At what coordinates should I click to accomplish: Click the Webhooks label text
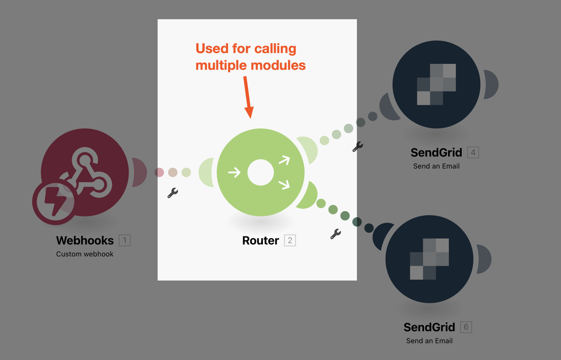[85, 240]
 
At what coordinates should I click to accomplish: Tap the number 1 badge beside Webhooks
[125, 240]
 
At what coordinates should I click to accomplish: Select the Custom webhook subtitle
[85, 254]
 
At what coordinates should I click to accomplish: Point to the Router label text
[261, 240]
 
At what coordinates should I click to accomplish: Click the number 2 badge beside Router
[290, 240]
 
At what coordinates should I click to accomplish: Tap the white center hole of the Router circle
[261, 172]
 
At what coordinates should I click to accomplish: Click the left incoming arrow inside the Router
[235, 172]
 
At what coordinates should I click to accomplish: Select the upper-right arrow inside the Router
[284, 160]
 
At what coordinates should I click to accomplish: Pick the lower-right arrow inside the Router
[284, 184]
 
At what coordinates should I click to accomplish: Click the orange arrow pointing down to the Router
[248, 97]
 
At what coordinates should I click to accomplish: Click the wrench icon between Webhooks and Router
[173, 193]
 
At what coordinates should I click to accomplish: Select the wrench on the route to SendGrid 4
[358, 147]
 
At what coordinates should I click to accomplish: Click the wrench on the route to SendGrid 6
[336, 234]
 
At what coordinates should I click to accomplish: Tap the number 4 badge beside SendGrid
[473, 152]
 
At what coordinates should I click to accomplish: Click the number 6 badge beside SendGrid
[466, 327]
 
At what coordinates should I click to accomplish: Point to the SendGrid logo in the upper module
[437, 84]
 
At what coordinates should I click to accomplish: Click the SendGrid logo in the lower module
[429, 259]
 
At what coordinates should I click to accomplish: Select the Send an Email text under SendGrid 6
[429, 341]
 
